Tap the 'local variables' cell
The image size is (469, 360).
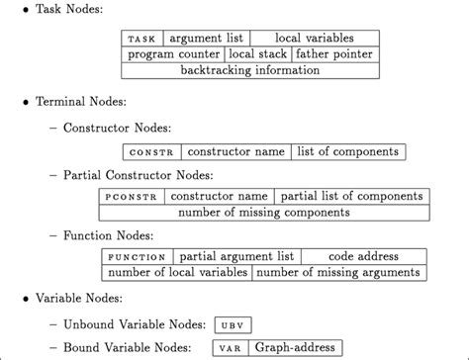tap(314, 39)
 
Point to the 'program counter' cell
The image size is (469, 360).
tap(173, 54)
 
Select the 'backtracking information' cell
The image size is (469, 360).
tap(249, 71)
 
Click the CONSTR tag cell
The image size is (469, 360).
tap(150, 152)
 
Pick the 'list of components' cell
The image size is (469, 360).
tap(333, 152)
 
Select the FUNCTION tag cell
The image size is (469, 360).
tap(134, 257)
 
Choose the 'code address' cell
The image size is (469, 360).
tap(363, 257)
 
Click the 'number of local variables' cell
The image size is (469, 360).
tap(175, 273)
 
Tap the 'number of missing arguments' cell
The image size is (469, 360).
tap(339, 273)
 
